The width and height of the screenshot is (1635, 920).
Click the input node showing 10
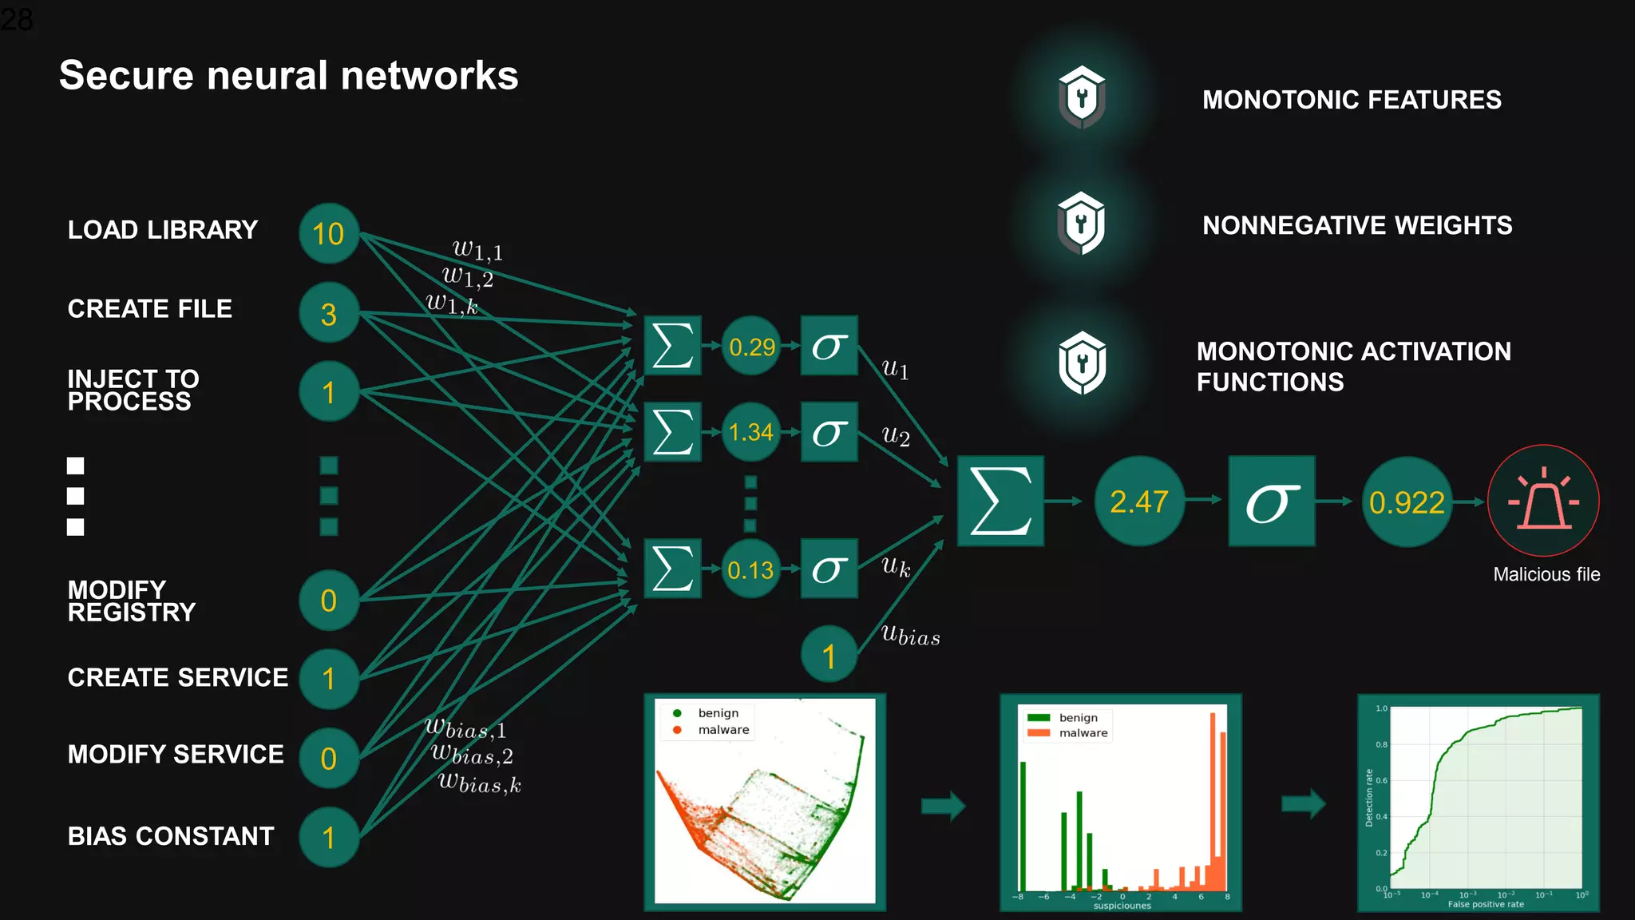(x=328, y=234)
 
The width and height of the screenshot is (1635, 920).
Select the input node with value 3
(x=328, y=313)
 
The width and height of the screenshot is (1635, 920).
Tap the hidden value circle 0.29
(x=751, y=347)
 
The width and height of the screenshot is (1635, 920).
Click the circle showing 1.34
(x=750, y=432)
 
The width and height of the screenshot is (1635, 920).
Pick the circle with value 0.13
(x=750, y=569)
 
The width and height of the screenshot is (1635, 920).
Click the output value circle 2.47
(x=1138, y=502)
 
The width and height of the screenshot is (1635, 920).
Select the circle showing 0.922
(x=1406, y=502)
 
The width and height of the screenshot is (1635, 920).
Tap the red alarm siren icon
(x=1542, y=501)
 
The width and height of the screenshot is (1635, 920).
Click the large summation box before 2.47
(x=1000, y=502)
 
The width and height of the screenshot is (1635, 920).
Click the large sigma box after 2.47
(x=1271, y=502)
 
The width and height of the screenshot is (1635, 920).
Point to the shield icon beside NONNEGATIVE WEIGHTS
(x=1081, y=224)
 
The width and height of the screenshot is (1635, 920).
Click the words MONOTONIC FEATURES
(x=1352, y=100)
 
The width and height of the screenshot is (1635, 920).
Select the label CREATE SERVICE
(x=177, y=677)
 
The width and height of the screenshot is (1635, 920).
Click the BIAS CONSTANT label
(x=171, y=836)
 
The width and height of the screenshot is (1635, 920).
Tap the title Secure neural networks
(x=289, y=76)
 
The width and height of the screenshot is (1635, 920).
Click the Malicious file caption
(x=1546, y=574)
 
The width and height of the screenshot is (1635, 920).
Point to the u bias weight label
(x=910, y=636)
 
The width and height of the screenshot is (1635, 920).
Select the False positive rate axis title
(x=1485, y=904)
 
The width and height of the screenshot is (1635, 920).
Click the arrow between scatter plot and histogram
(x=943, y=805)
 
